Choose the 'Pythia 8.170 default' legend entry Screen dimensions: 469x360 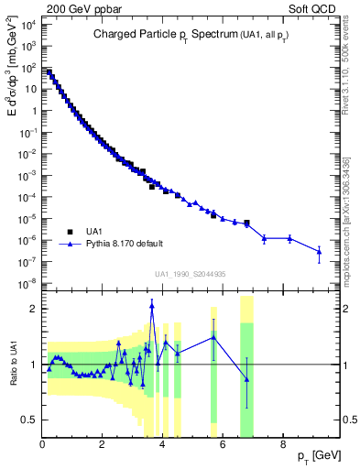tap(125, 244)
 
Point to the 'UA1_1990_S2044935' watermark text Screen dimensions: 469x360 tap(190, 273)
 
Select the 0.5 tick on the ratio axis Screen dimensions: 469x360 tap(31, 420)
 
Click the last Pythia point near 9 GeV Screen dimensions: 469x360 tap(319, 252)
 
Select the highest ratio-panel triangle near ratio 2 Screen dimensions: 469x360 tap(152, 306)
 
